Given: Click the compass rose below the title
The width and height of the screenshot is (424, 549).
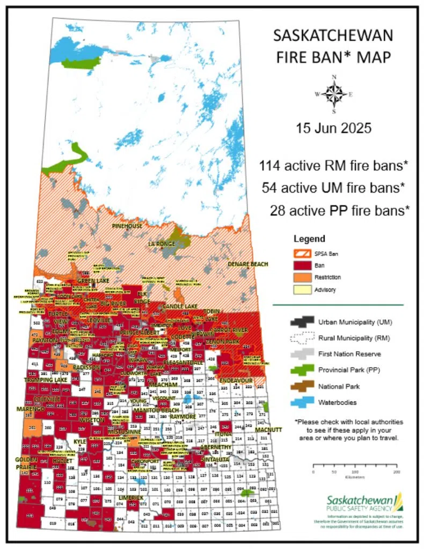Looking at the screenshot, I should pyautogui.click(x=334, y=94).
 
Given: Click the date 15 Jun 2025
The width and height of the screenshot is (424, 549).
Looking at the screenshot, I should pyautogui.click(x=333, y=129).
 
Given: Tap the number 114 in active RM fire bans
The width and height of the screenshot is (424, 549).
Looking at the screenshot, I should pyautogui.click(x=270, y=166).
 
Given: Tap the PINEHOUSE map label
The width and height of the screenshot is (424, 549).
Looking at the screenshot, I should pyautogui.click(x=127, y=226).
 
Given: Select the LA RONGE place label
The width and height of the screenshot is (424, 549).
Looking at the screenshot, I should pyautogui.click(x=162, y=244).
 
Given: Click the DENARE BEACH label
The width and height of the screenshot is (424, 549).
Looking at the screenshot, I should pyautogui.click(x=247, y=264).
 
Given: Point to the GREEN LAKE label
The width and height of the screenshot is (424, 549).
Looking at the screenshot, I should pyautogui.click(x=91, y=281).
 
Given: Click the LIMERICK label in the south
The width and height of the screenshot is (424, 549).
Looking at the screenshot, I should pyautogui.click(x=131, y=498).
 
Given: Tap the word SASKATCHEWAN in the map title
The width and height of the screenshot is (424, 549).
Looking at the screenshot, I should pyautogui.click(x=333, y=37).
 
